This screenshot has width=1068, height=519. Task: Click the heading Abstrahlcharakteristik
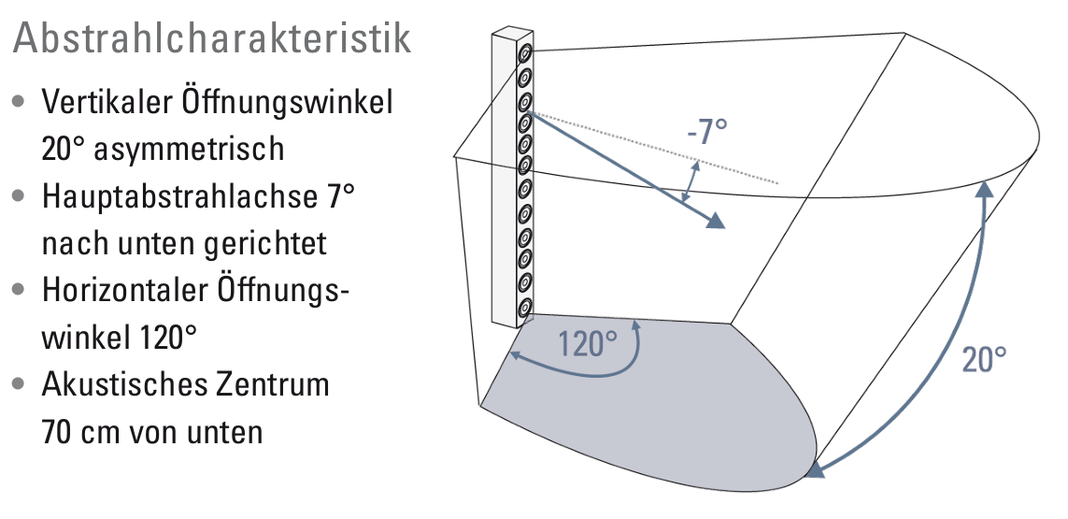pyautogui.click(x=211, y=38)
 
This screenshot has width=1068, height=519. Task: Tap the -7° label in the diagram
pyautogui.click(x=706, y=132)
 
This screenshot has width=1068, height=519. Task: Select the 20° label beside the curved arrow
pyautogui.click(x=984, y=359)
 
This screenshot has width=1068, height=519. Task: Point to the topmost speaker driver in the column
pyautogui.click(x=525, y=52)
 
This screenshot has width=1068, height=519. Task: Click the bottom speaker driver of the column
pyautogui.click(x=525, y=307)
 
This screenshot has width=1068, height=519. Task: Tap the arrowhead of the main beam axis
pyautogui.click(x=716, y=221)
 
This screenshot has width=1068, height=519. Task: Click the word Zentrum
pyautogui.click(x=278, y=385)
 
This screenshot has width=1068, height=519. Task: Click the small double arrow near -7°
pyautogui.click(x=691, y=180)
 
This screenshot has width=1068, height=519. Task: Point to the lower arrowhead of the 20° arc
pyautogui.click(x=816, y=469)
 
